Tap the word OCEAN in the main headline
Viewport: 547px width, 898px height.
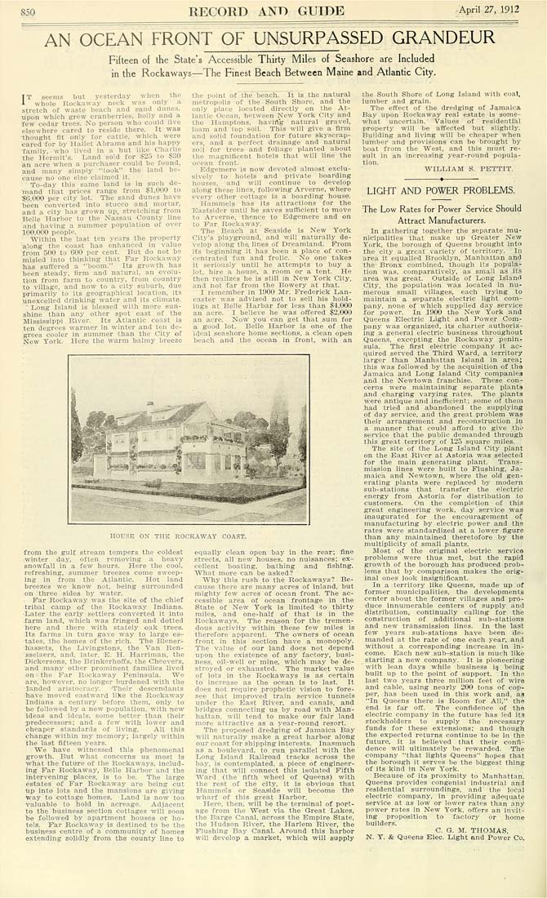[x=143, y=38]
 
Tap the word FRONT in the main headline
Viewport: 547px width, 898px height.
[x=211, y=38]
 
